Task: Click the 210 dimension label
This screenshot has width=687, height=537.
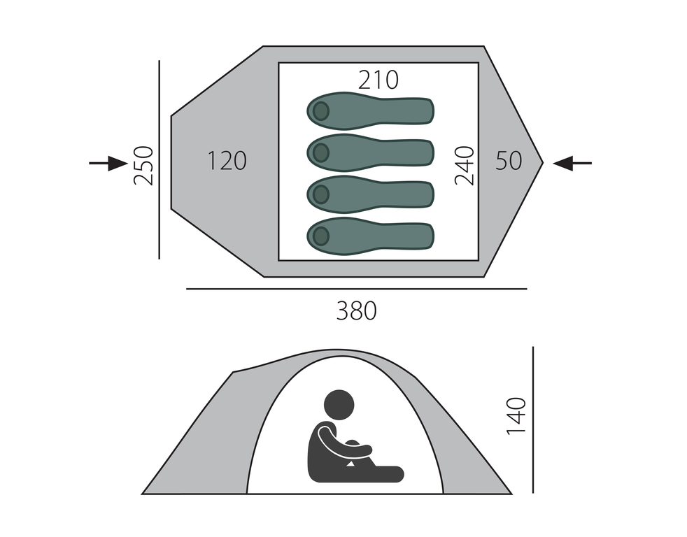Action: pos(378,80)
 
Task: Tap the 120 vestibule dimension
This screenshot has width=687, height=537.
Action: pos(227,161)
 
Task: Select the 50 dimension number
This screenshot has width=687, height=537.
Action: pos(509,161)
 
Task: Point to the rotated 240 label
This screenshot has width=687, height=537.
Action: pos(465,166)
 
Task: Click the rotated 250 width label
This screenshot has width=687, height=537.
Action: pos(143,166)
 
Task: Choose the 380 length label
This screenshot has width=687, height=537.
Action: pos(356,311)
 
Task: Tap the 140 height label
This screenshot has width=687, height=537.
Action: pos(516,416)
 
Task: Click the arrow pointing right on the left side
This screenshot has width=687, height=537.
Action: pos(108,164)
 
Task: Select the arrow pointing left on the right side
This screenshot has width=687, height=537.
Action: pos(572,164)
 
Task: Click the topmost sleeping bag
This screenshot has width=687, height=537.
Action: pos(371,110)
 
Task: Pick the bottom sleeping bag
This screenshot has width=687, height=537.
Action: pos(371,236)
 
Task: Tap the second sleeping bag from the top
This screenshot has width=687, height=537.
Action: pos(371,152)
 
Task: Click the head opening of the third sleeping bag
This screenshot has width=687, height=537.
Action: pos(321,194)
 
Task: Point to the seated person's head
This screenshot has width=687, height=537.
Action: pos(339,405)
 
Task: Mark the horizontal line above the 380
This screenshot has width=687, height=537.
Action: pos(357,289)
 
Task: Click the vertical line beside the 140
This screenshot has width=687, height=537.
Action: pos(533,420)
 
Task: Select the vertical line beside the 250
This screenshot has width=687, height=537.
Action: pos(159,160)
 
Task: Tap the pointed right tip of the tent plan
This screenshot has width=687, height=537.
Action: pos(544,163)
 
